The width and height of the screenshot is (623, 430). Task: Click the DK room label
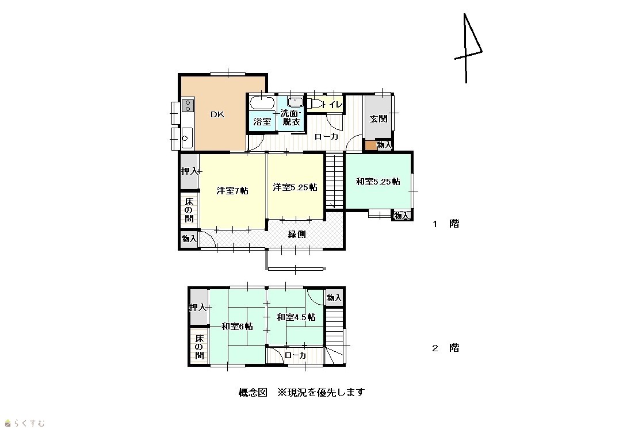[x=217, y=115]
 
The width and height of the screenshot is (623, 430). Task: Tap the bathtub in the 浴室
[x=262, y=103]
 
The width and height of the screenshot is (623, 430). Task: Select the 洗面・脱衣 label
[x=291, y=117]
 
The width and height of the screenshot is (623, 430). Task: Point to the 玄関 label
[x=379, y=119]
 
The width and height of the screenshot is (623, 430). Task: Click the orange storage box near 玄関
[x=370, y=145]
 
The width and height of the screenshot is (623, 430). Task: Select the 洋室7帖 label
[x=232, y=191]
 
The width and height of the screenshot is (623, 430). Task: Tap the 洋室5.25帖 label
[x=295, y=187]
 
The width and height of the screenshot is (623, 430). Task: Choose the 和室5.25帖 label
[x=378, y=182]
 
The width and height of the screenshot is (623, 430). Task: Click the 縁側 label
[x=297, y=234]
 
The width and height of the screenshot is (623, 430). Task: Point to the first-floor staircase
[x=334, y=181]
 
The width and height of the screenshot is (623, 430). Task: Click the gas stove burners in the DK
[x=188, y=106]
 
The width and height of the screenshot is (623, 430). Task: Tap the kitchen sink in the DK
[x=187, y=138]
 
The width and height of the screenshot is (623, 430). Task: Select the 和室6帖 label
[x=237, y=327]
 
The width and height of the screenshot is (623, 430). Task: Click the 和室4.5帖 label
[x=296, y=317]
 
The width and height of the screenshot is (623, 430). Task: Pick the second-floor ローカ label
[x=295, y=355]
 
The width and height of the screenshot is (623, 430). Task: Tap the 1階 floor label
[x=446, y=224]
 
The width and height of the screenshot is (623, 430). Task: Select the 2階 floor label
[x=446, y=348]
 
